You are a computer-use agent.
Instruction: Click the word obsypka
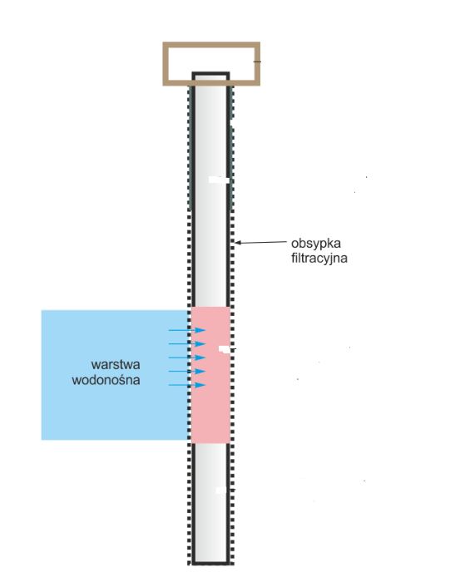[x=315, y=244]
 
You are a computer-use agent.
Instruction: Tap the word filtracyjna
[x=319, y=258]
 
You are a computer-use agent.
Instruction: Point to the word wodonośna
[x=106, y=380]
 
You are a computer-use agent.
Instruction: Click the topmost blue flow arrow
[x=187, y=330]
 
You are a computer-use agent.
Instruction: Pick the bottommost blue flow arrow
[x=187, y=385]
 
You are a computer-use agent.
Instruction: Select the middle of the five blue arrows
[x=187, y=358]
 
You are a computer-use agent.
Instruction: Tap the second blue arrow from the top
[x=187, y=343]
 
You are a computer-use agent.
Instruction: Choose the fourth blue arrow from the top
[x=187, y=371]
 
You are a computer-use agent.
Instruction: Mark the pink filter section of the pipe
[x=210, y=375]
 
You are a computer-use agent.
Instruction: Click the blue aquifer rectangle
[x=115, y=375]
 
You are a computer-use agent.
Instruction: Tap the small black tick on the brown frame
[x=257, y=62]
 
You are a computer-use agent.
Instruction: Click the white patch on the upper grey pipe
[x=219, y=180]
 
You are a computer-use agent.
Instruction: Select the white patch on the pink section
[x=225, y=349]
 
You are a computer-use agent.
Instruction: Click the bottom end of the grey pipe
[x=210, y=564]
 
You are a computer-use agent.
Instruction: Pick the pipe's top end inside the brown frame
[x=210, y=74]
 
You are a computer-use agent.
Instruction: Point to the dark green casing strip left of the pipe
[x=190, y=149]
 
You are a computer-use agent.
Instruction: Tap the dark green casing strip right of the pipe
[x=231, y=149]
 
